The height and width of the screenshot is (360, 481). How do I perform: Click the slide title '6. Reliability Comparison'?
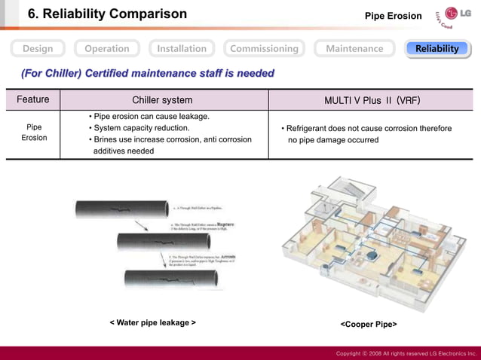click(107, 14)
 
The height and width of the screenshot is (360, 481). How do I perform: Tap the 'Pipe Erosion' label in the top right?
click(393, 16)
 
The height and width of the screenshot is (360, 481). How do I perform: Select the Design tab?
click(38, 48)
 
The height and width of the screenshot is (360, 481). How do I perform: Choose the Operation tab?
click(106, 48)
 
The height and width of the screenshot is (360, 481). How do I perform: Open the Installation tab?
click(181, 48)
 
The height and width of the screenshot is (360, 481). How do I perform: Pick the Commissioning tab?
click(264, 48)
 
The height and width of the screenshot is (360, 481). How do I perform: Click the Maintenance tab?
click(354, 48)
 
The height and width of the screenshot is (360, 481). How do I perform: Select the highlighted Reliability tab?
click(437, 48)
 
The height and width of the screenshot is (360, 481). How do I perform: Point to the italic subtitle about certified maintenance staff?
click(148, 73)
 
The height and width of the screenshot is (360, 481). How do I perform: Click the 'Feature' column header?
click(33, 99)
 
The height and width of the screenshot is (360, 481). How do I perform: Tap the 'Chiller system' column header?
click(162, 99)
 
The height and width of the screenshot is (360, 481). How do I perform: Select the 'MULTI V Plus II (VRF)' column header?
click(372, 99)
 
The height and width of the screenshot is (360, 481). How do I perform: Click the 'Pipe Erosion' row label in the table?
click(34, 133)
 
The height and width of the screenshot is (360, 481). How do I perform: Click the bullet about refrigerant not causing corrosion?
click(366, 133)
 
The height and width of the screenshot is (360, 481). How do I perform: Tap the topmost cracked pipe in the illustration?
click(121, 209)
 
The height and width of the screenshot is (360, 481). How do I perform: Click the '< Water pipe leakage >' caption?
click(153, 322)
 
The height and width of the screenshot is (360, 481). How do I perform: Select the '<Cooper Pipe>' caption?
click(369, 324)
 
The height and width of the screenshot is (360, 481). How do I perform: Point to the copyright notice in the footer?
click(406, 352)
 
